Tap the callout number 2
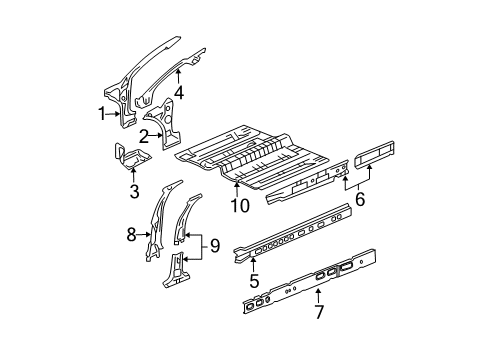144,136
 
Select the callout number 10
237,206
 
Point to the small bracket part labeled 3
128,159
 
